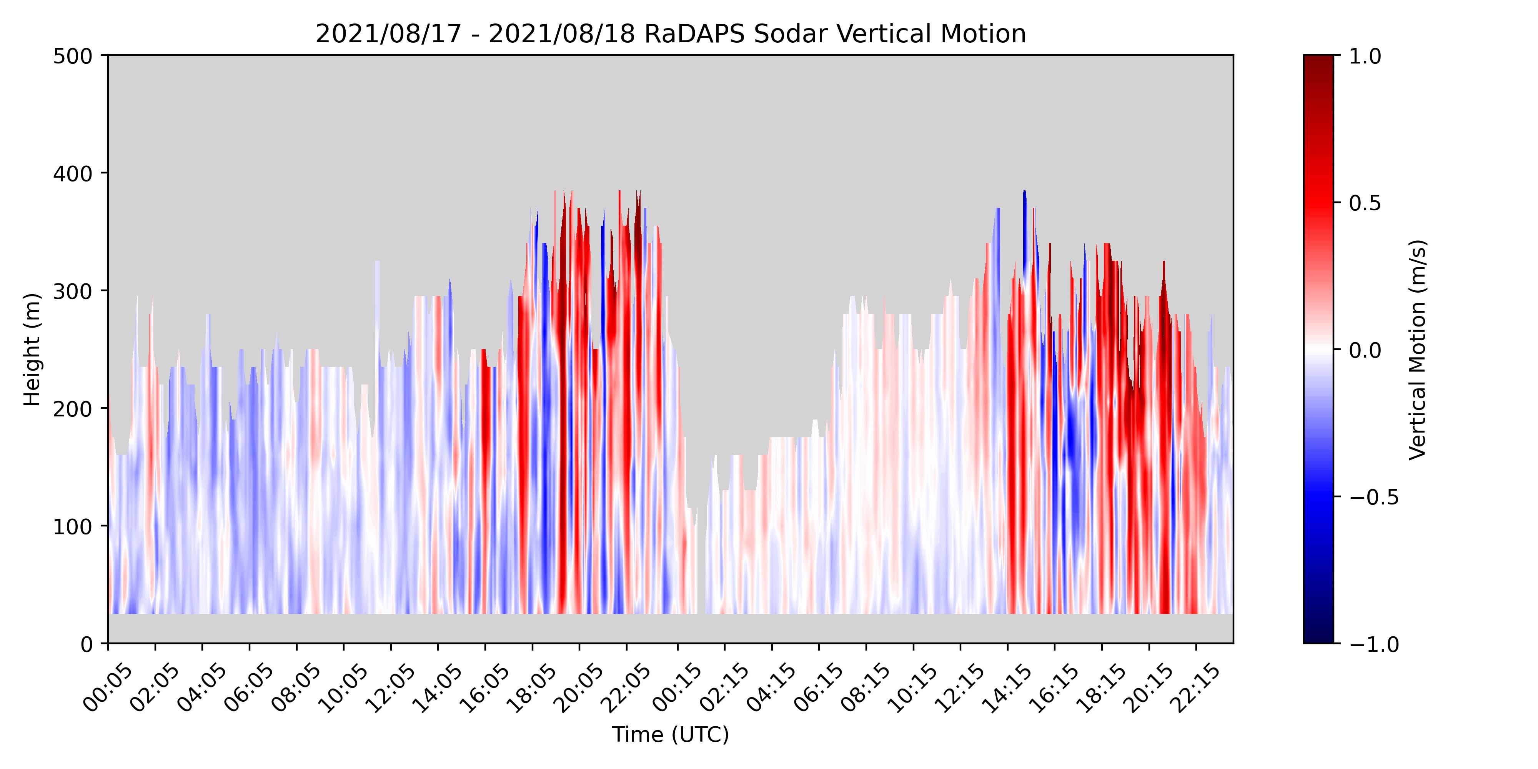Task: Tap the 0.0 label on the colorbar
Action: coord(1365,350)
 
